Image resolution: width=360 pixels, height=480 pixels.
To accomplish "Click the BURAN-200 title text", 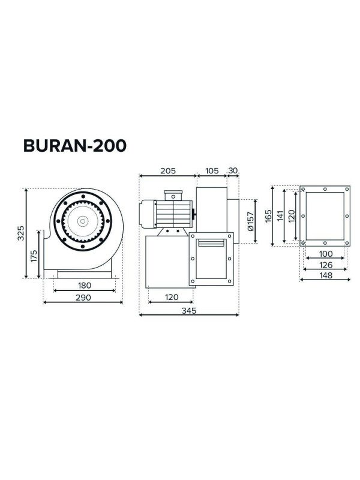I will point(74,146).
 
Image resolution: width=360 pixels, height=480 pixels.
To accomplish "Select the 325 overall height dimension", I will point(20,233).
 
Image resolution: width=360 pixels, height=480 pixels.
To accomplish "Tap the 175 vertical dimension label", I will point(34,256).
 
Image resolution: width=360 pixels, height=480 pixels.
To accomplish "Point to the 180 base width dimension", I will point(84,285).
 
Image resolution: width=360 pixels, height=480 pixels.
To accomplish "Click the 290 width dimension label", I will point(83,297).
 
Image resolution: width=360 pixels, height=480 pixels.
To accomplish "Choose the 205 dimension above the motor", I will point(168,171).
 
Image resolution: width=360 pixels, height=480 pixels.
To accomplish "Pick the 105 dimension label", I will point(211,171).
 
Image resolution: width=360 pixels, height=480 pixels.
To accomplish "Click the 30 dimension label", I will point(233,171).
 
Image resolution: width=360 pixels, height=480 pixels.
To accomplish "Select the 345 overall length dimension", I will point(188,310).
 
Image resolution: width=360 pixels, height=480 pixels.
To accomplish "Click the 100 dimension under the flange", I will point(324,253).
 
